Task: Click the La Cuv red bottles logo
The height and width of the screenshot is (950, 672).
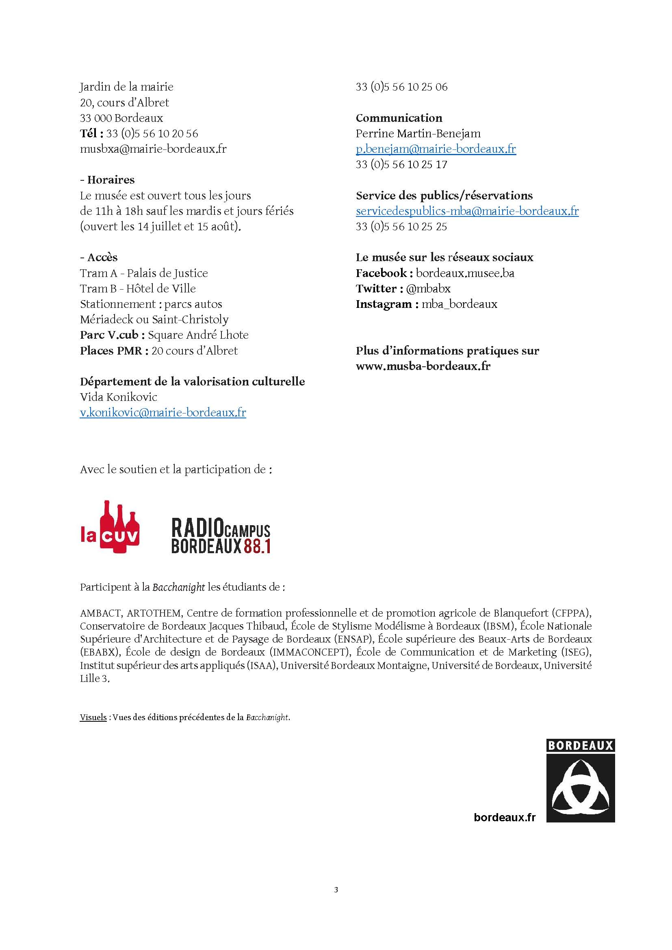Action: (x=110, y=527)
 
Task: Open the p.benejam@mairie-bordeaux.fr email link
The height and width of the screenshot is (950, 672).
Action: (x=436, y=149)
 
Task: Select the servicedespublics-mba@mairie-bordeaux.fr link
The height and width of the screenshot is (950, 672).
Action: (x=467, y=211)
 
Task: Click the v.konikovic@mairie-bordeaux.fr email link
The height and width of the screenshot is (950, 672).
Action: (x=163, y=413)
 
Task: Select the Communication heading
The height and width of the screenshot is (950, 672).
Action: (x=399, y=118)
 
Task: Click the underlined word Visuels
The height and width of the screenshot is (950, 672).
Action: (x=93, y=717)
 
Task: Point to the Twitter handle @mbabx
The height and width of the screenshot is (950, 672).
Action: (x=428, y=288)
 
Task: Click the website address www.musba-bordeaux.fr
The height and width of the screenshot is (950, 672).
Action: (x=423, y=366)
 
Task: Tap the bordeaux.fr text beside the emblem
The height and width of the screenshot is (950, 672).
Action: (x=505, y=817)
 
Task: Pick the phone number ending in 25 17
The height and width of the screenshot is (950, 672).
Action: (x=401, y=164)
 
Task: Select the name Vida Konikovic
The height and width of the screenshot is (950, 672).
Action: (x=118, y=397)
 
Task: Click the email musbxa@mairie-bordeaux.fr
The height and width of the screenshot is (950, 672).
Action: (x=153, y=149)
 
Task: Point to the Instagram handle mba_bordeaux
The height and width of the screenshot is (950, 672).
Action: (x=460, y=304)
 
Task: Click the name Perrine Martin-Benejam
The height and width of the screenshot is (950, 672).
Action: (x=418, y=134)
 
